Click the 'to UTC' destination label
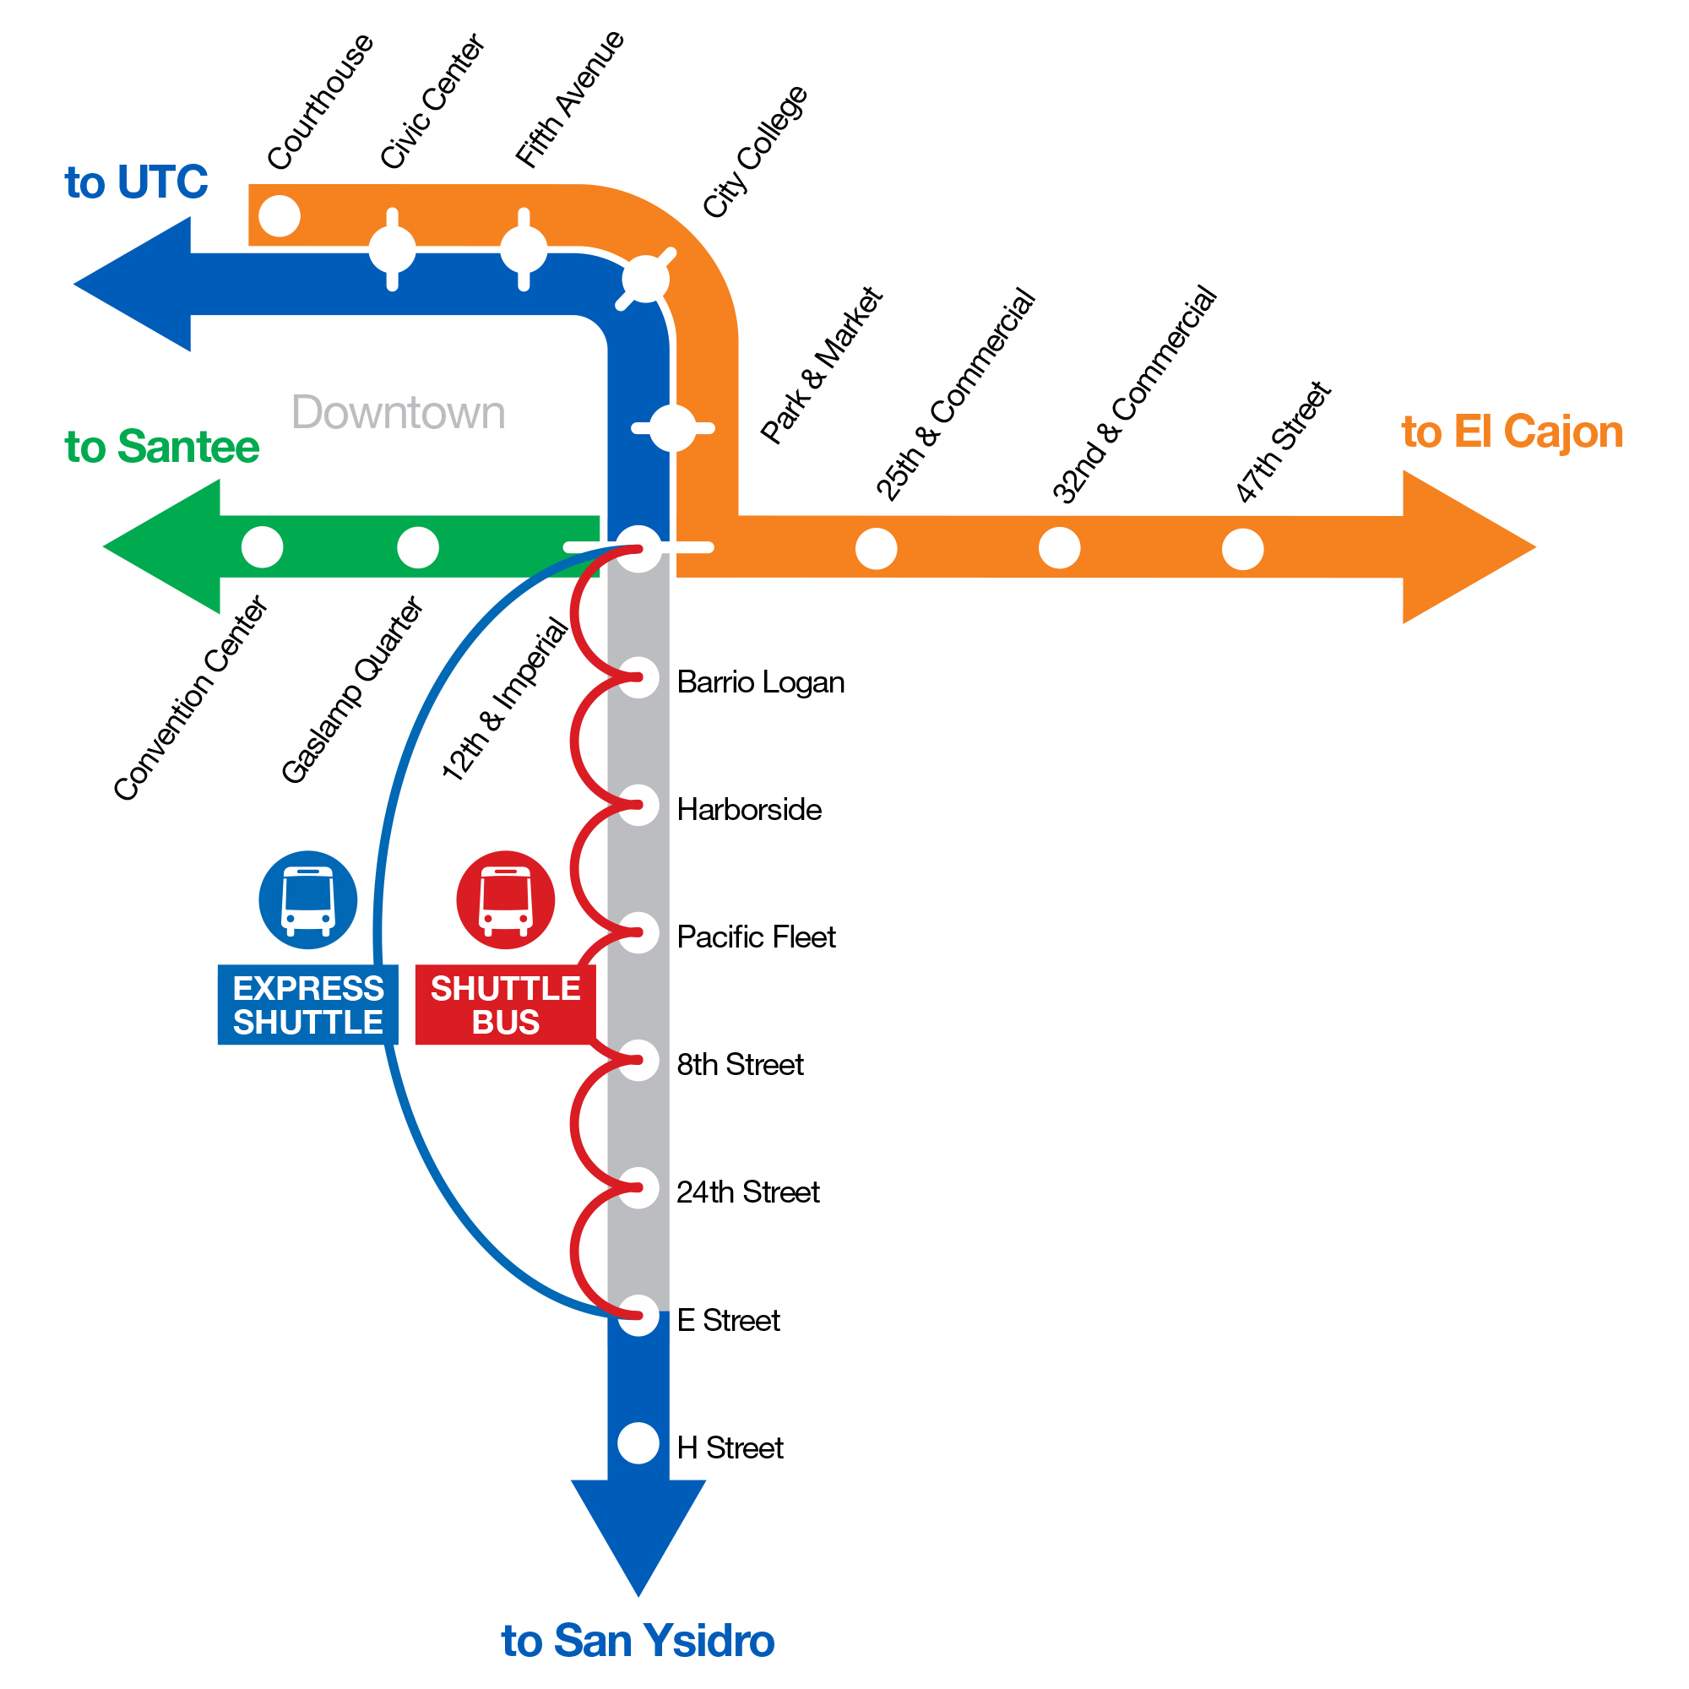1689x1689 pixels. [x=136, y=182]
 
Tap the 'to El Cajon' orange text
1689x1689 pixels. [x=1512, y=432]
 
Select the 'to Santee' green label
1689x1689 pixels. [x=162, y=447]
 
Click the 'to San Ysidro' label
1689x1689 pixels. [x=638, y=1640]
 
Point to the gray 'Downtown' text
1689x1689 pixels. [x=398, y=413]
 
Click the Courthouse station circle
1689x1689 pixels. [x=280, y=215]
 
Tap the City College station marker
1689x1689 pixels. [x=645, y=279]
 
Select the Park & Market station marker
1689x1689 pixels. [x=672, y=428]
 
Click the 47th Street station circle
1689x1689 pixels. [x=1242, y=549]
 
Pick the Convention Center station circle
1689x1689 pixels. [x=263, y=547]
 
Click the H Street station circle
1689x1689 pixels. [x=638, y=1443]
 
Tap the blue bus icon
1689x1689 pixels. [x=307, y=899]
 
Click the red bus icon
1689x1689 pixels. [x=505, y=899]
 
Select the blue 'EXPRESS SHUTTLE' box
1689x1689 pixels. [x=307, y=1004]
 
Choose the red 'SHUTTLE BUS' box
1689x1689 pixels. [x=505, y=1004]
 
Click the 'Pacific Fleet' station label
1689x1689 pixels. [x=755, y=937]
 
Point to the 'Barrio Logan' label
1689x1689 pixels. [x=760, y=682]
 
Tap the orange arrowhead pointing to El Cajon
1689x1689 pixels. [x=1460, y=547]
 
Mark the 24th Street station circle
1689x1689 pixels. [x=638, y=1188]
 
